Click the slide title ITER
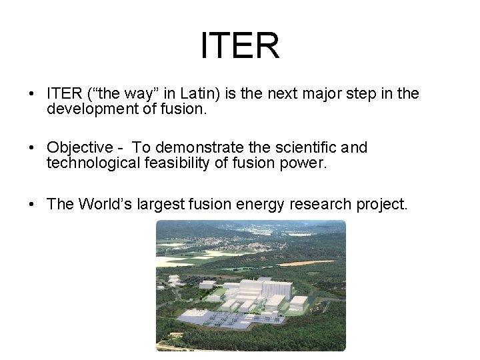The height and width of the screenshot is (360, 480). [x=240, y=45]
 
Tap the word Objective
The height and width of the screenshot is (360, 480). [x=80, y=147]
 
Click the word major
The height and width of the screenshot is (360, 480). [x=310, y=93]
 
